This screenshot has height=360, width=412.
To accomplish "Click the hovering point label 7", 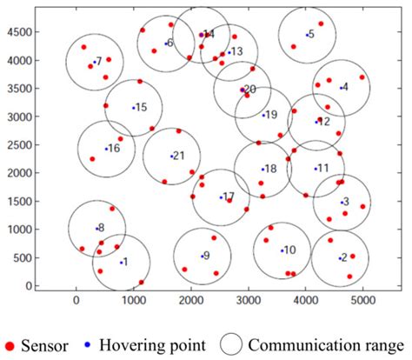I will click(97, 62).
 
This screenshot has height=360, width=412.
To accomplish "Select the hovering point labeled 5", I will click(310, 35).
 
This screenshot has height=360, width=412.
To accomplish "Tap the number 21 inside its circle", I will click(178, 156).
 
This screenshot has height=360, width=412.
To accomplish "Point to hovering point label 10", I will click(289, 250).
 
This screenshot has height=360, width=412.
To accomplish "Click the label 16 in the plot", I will click(114, 149).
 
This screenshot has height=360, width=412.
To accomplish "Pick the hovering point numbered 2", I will click(343, 257).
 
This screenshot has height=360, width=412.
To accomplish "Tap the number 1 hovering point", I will click(123, 262).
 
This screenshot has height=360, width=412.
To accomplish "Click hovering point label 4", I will click(344, 87).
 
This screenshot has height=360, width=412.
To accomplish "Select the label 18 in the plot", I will click(269, 169).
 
